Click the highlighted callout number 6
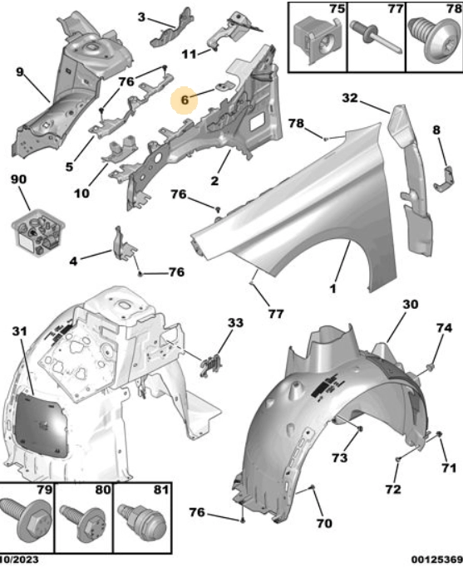click(x=185, y=100)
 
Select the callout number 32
click(x=350, y=98)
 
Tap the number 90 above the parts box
click(x=19, y=179)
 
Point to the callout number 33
click(x=235, y=322)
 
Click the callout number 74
click(x=444, y=328)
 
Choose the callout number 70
click(x=324, y=523)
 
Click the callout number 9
click(x=20, y=72)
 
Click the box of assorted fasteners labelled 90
click(x=38, y=231)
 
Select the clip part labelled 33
click(x=211, y=365)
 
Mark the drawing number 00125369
click(x=436, y=560)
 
